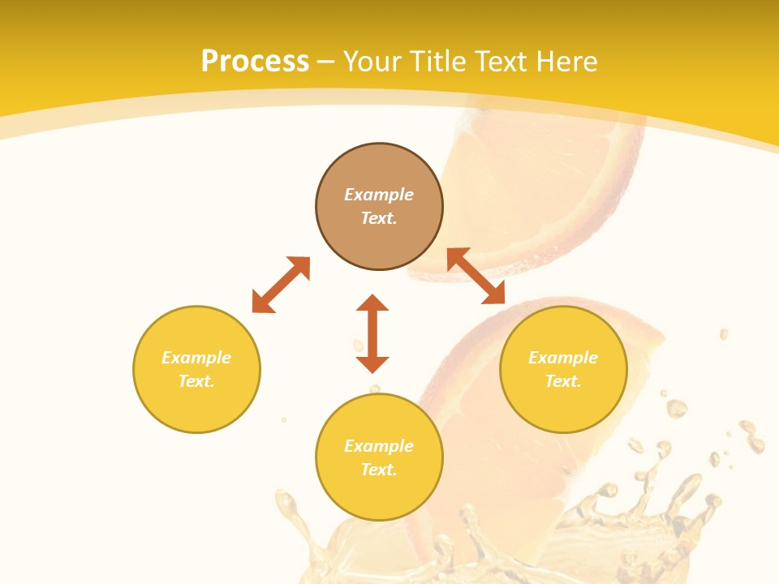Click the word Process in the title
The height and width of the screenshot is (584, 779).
coord(255,62)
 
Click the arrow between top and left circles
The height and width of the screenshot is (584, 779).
coord(281,285)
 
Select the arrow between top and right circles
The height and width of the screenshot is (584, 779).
coord(476,276)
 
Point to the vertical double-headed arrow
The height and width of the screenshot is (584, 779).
coord(372,333)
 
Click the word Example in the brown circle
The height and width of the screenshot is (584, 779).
coord(379,195)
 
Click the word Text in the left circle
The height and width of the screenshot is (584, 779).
coord(196,381)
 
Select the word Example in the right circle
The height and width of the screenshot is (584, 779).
coord(563,358)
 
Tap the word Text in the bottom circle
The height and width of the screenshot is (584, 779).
coord(379,470)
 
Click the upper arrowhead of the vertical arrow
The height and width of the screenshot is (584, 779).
coord(372,303)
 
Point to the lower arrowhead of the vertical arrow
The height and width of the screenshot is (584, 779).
coord(372,364)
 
